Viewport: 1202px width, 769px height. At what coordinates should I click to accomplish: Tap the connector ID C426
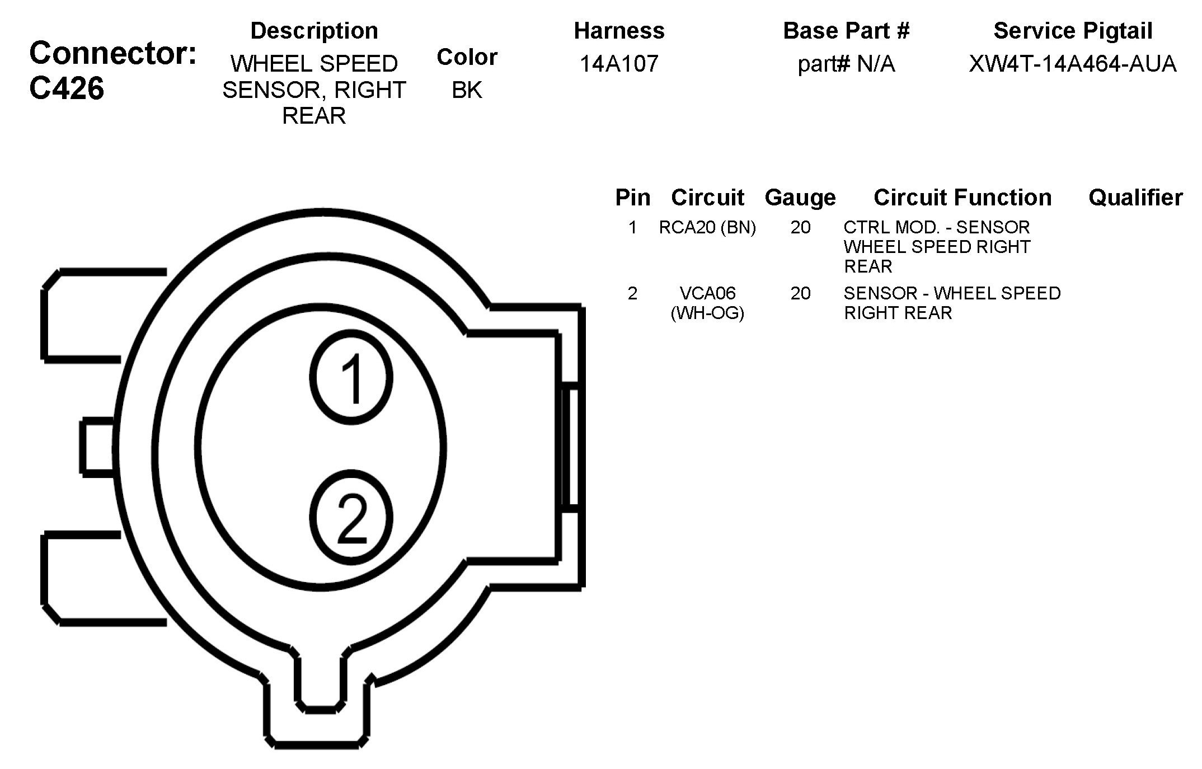[x=67, y=88]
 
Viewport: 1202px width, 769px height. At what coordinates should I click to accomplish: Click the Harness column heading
[x=619, y=31]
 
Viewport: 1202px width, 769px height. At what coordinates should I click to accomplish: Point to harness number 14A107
[x=619, y=64]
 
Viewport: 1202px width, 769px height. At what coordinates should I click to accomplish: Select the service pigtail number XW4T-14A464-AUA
[x=1072, y=64]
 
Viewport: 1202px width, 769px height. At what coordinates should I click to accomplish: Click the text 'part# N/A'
[x=846, y=64]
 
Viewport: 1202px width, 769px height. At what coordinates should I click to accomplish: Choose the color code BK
[x=467, y=90]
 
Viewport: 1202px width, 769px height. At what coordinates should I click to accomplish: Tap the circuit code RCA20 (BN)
[x=707, y=227]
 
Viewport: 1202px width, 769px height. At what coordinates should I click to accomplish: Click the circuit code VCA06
[x=707, y=293]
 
